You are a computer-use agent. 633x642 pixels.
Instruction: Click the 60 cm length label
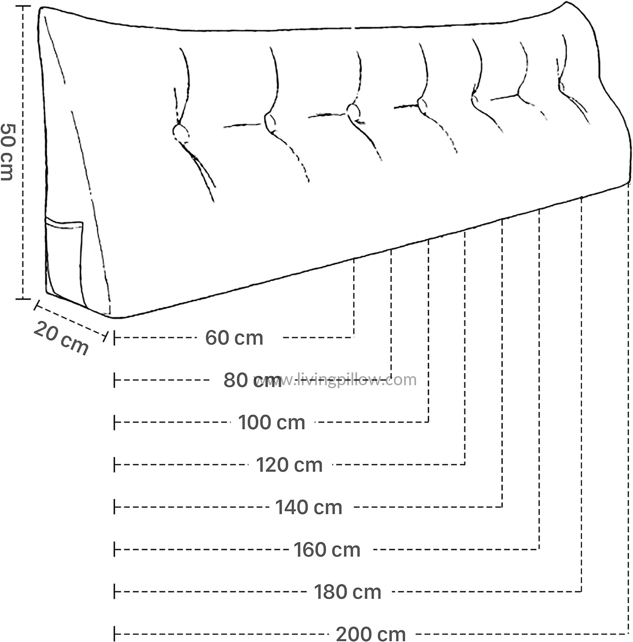(x=234, y=338)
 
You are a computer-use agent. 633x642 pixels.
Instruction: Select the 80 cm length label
(x=253, y=380)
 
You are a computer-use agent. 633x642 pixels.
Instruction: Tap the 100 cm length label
(x=272, y=422)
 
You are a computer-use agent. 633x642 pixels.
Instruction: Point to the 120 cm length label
(x=290, y=465)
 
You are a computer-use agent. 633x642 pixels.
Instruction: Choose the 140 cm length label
(x=309, y=507)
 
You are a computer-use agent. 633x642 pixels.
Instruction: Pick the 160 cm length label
(x=327, y=550)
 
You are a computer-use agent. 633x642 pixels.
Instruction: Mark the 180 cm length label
(x=348, y=592)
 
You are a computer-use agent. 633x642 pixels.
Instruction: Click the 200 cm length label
(x=371, y=634)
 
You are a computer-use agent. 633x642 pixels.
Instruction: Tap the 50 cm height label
(x=7, y=152)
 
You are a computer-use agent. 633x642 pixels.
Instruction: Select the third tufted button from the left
(x=353, y=112)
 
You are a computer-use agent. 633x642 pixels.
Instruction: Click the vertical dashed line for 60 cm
(x=354, y=297)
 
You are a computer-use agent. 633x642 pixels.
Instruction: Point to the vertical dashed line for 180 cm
(x=581, y=394)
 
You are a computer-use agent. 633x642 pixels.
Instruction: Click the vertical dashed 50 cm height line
(x=23, y=152)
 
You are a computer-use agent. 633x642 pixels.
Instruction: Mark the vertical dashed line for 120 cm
(x=466, y=347)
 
